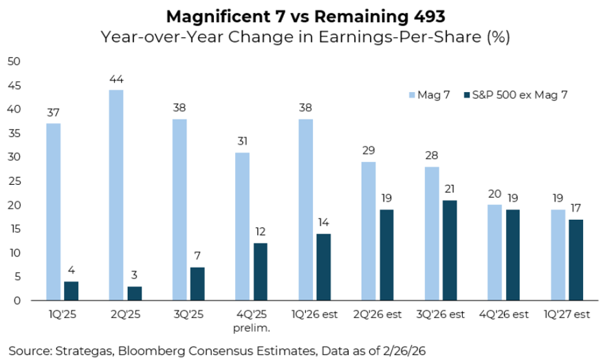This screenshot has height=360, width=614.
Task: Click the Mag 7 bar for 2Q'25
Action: (116, 196)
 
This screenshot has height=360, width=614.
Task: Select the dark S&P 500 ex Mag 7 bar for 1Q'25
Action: (72, 291)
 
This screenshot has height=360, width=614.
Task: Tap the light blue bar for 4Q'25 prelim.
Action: (242, 227)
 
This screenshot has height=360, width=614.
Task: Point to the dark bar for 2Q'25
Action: (135, 293)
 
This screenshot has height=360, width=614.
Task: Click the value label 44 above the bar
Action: (116, 80)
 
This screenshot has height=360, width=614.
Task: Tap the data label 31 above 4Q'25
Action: (242, 142)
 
